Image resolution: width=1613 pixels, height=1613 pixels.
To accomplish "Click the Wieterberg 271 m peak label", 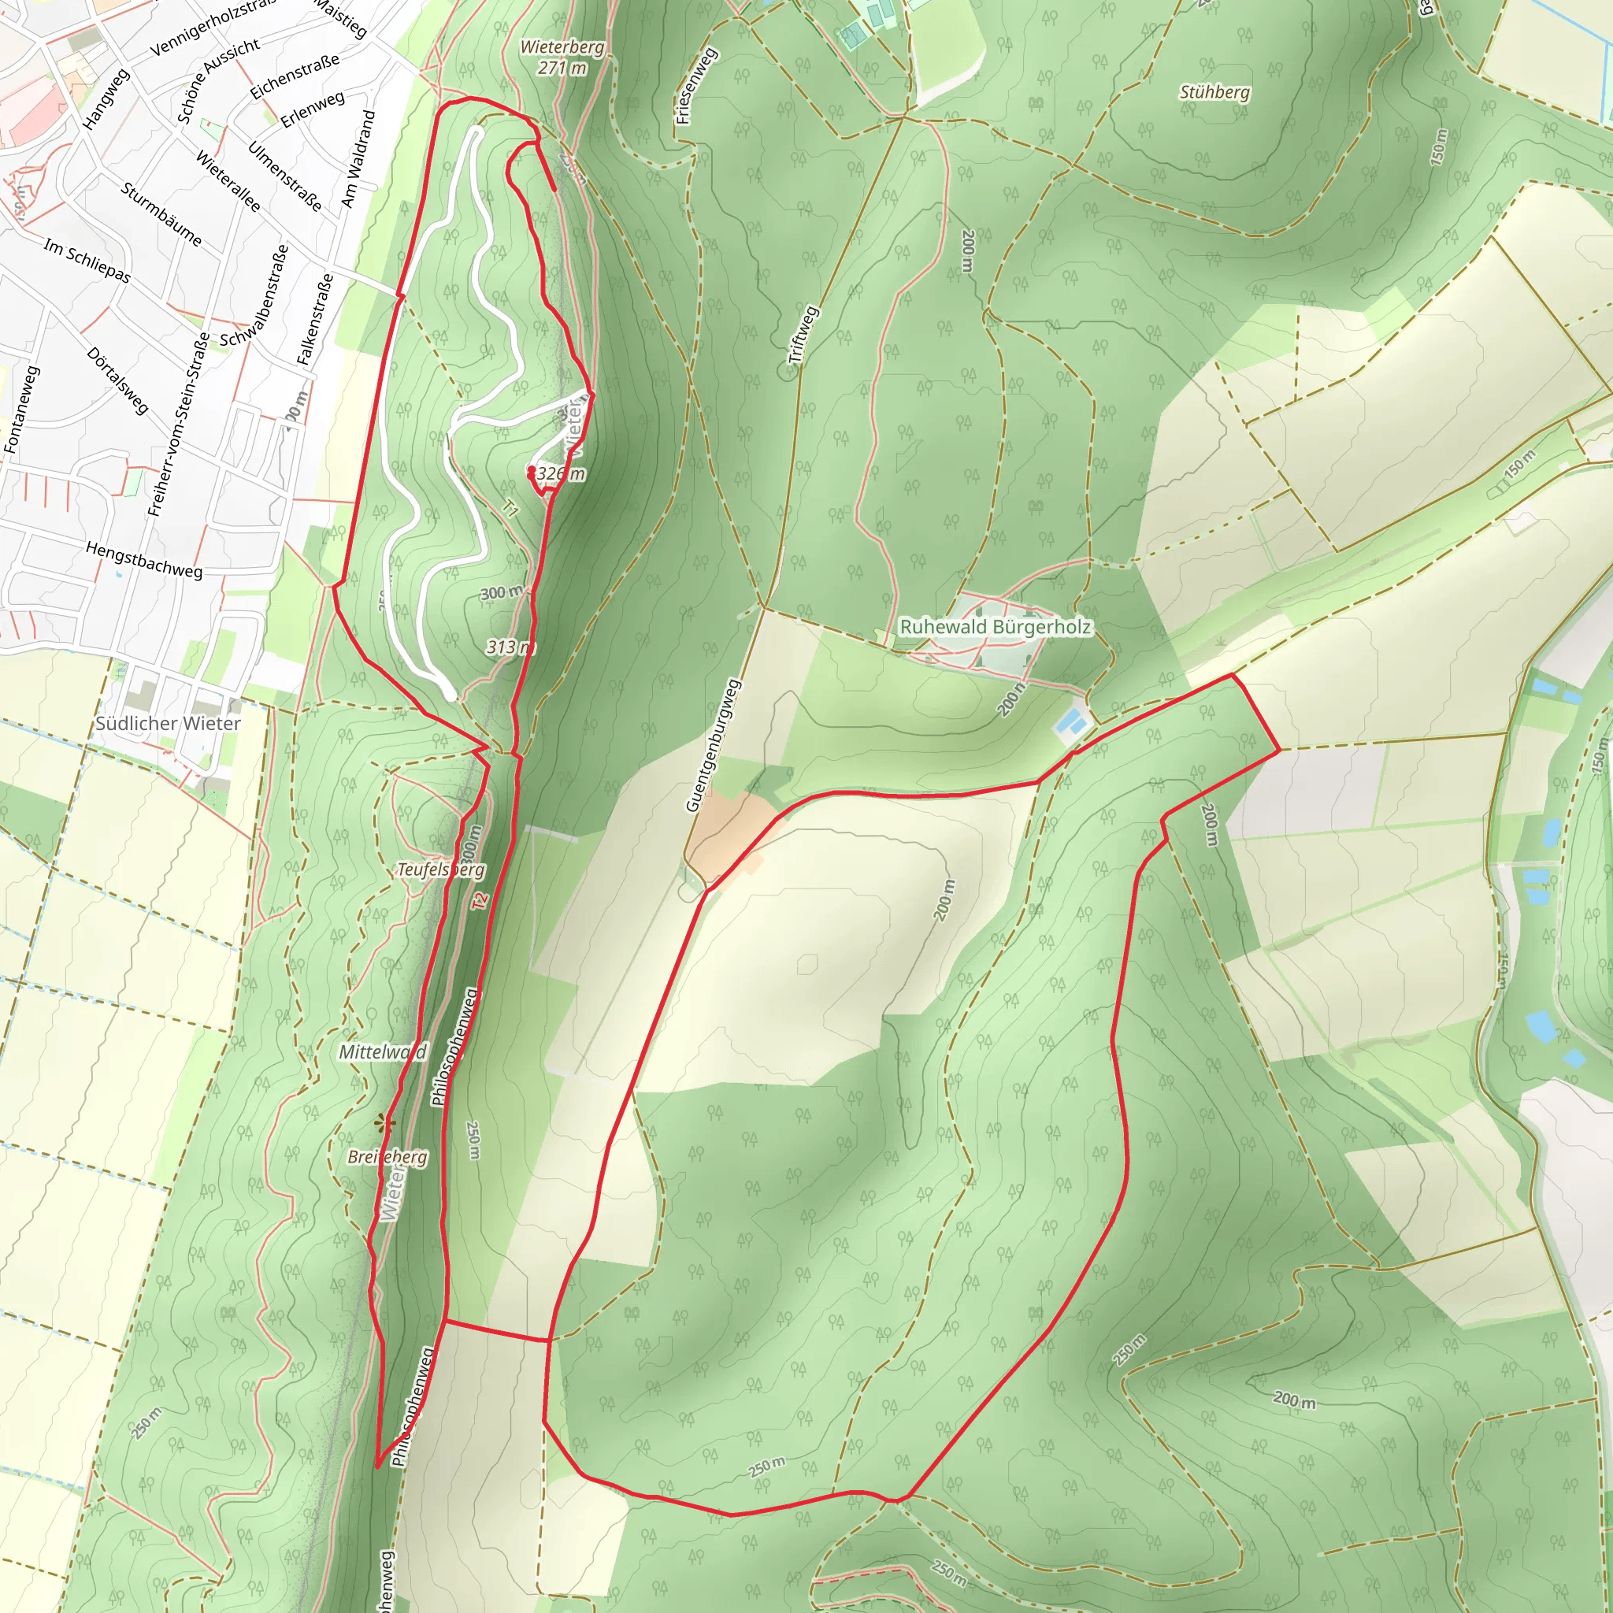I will click(562, 57).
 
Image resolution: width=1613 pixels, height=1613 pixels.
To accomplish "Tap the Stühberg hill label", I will click(1214, 92).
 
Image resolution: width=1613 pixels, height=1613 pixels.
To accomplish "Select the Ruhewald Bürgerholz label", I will click(996, 627).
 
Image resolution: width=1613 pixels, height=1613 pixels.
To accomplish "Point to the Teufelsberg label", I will click(440, 870).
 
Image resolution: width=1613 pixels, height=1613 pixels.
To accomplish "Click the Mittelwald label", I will click(382, 1052).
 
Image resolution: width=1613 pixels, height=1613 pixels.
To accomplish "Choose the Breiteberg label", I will click(387, 1157).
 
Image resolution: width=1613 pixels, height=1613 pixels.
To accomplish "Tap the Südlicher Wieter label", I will click(168, 724).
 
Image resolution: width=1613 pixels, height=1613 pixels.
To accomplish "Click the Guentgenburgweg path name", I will click(713, 746).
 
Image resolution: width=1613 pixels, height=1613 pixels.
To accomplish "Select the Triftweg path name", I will click(803, 335).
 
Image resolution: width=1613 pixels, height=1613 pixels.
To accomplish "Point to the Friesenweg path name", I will click(695, 86).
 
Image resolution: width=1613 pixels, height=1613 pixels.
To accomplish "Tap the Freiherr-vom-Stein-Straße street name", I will click(178, 425).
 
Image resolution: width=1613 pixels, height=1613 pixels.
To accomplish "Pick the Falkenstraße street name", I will click(316, 320).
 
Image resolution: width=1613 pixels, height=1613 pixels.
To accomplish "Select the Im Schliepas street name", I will click(87, 261).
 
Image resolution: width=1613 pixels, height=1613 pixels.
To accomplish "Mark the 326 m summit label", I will click(560, 474).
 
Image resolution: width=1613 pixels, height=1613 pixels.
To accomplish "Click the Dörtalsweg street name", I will click(117, 380).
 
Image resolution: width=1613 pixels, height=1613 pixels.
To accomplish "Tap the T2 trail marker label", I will click(478, 901).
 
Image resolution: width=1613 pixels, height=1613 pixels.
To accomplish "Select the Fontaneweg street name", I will click(23, 410).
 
